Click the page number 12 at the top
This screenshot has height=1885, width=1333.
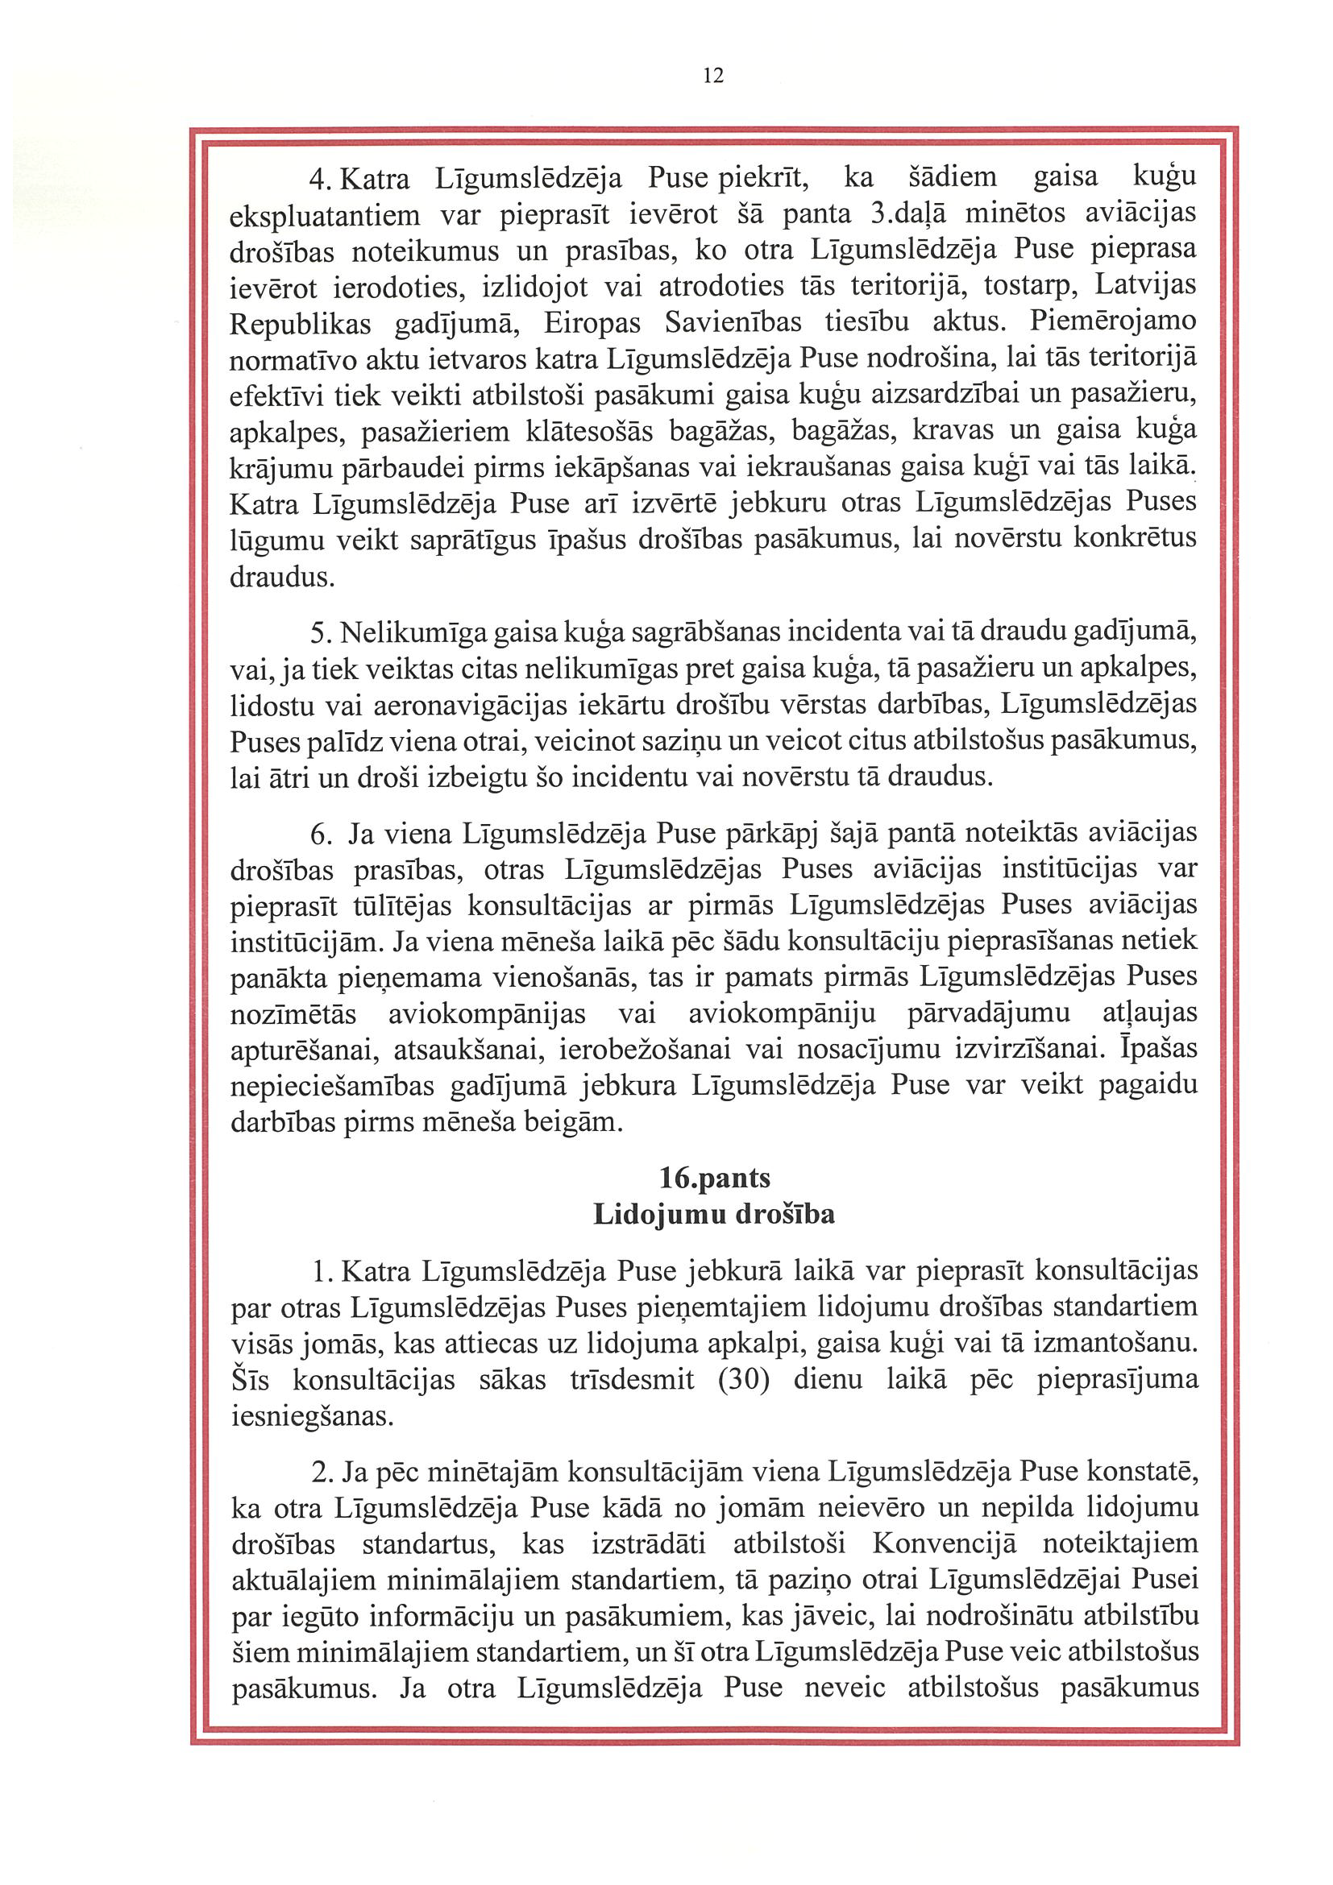(714, 77)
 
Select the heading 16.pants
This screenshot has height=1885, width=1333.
(714, 1178)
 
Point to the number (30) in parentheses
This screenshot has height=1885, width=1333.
(743, 1379)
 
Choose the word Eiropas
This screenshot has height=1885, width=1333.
(592, 322)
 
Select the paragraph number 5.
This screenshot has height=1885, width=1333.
(320, 634)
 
